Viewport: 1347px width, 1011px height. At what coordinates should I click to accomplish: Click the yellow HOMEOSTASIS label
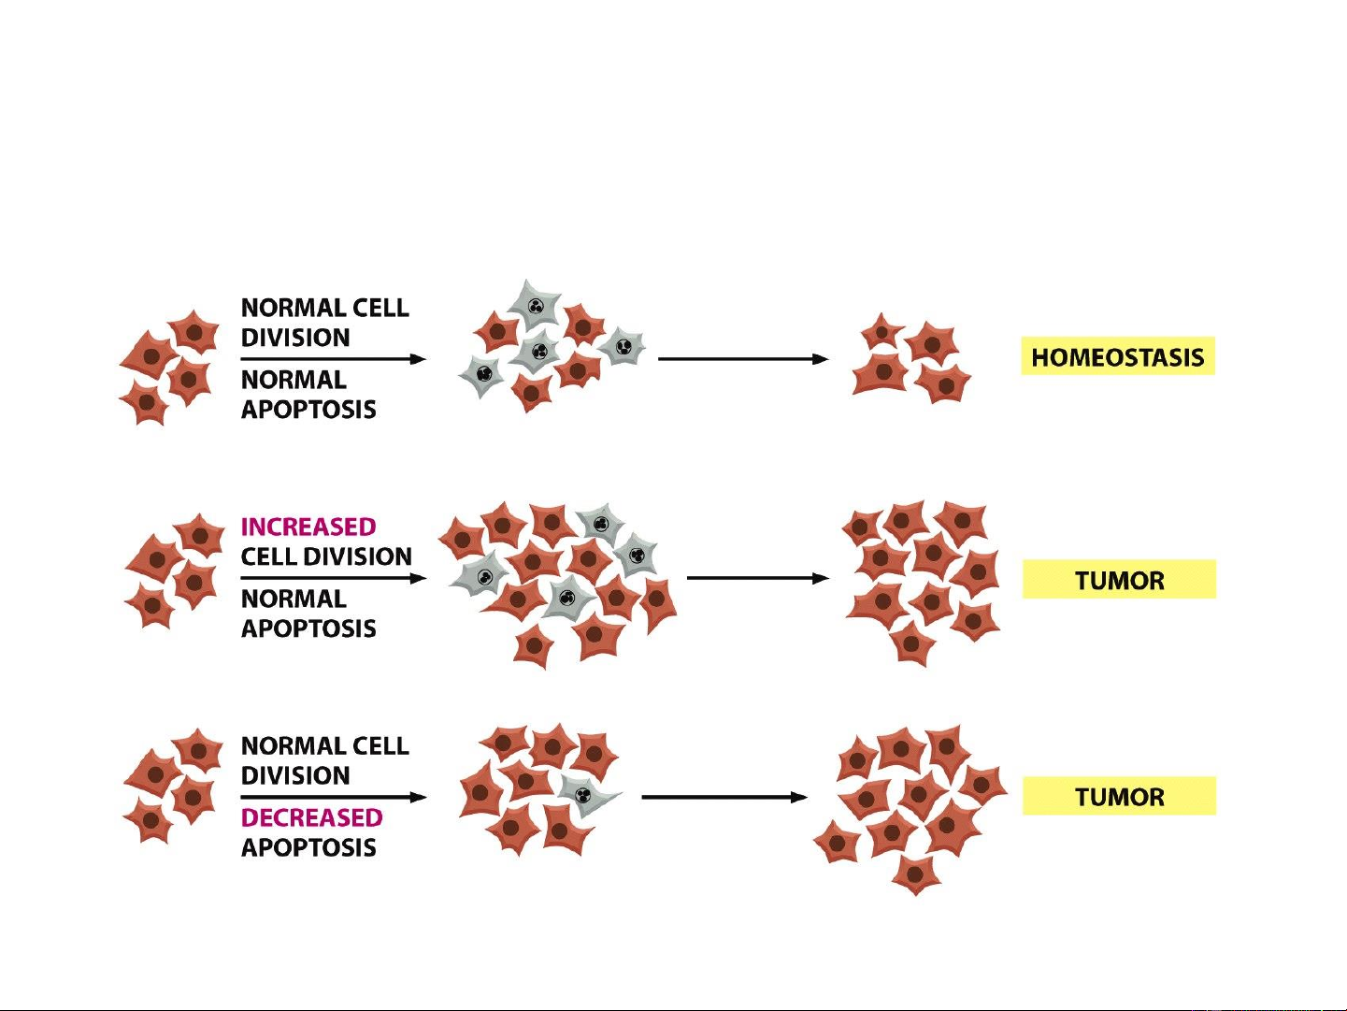(1117, 356)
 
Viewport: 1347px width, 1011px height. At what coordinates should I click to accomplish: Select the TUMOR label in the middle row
(1119, 580)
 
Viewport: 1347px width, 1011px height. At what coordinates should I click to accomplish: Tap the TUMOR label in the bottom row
(1119, 797)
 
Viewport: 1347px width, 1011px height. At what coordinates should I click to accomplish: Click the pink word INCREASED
(308, 527)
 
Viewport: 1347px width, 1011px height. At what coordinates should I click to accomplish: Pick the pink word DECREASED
(311, 817)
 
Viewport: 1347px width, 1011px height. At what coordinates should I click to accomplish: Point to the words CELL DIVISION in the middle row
(326, 556)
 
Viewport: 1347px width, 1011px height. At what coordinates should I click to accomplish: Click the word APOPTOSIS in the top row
(308, 410)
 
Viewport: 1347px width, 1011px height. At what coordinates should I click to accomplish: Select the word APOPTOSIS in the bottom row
(308, 847)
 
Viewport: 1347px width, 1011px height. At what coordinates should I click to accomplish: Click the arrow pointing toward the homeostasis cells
(743, 358)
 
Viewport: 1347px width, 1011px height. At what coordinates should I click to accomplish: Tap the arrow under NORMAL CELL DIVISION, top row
(333, 358)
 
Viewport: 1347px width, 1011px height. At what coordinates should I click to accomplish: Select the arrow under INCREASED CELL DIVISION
(333, 578)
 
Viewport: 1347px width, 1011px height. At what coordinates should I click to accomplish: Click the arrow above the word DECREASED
(333, 797)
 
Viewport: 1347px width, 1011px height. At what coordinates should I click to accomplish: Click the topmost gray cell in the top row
(536, 305)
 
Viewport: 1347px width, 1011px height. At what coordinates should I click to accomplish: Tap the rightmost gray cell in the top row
(623, 348)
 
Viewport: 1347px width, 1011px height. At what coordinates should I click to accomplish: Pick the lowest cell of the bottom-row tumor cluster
(915, 874)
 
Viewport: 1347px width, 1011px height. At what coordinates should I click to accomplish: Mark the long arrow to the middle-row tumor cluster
(757, 578)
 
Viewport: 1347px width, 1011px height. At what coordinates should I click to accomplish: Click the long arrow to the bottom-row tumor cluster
(724, 797)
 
